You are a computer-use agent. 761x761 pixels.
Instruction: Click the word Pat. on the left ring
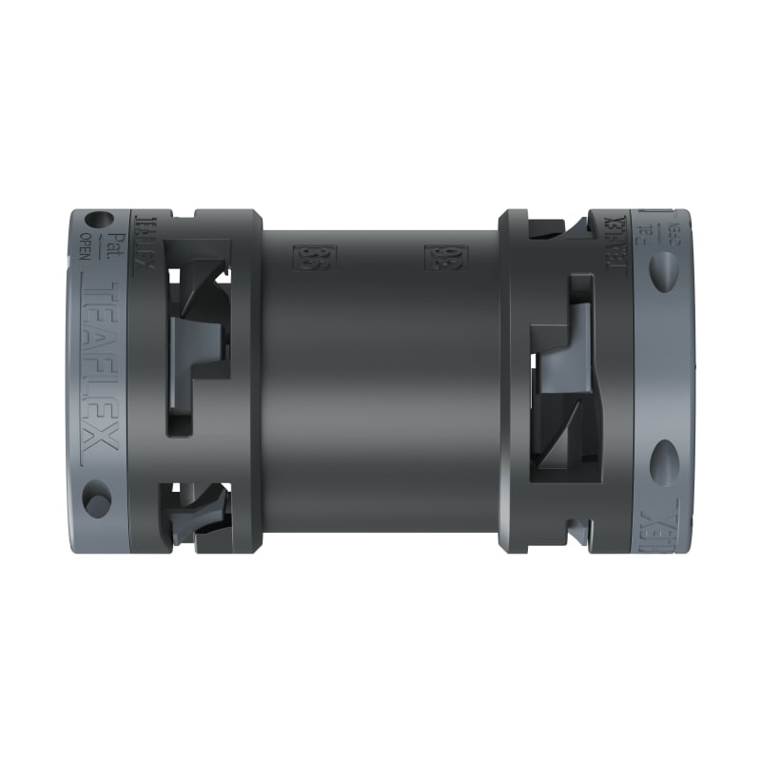click(x=114, y=249)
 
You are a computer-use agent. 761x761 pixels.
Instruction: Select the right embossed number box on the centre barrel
click(x=439, y=257)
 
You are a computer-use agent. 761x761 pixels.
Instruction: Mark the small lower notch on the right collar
click(x=571, y=528)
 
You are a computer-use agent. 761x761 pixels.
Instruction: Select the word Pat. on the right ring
click(x=651, y=234)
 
